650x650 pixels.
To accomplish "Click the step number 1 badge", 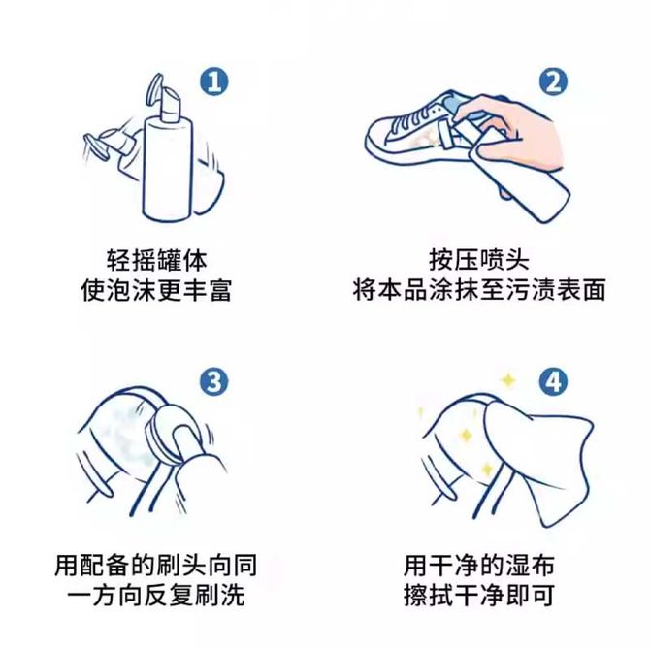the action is pos(213,81).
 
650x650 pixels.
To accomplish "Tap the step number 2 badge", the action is pos(553,81).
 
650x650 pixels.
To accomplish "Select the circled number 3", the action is pos(213,381).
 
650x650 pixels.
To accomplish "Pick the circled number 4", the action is pos(553,381).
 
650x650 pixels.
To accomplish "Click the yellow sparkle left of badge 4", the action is pos(507,379).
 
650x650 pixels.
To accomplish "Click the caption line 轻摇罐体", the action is pos(156,260).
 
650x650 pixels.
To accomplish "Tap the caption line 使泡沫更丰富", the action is pos(156,290).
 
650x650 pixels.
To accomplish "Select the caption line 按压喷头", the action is pos(479,260).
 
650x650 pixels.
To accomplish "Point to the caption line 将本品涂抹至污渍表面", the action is pos(479,290).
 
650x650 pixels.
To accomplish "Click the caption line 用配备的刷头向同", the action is pos(156,565).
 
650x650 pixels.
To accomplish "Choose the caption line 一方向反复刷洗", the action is pos(156,596).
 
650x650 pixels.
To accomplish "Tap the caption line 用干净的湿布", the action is pos(479,565).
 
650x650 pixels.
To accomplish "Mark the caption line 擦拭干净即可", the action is pos(479,596).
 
